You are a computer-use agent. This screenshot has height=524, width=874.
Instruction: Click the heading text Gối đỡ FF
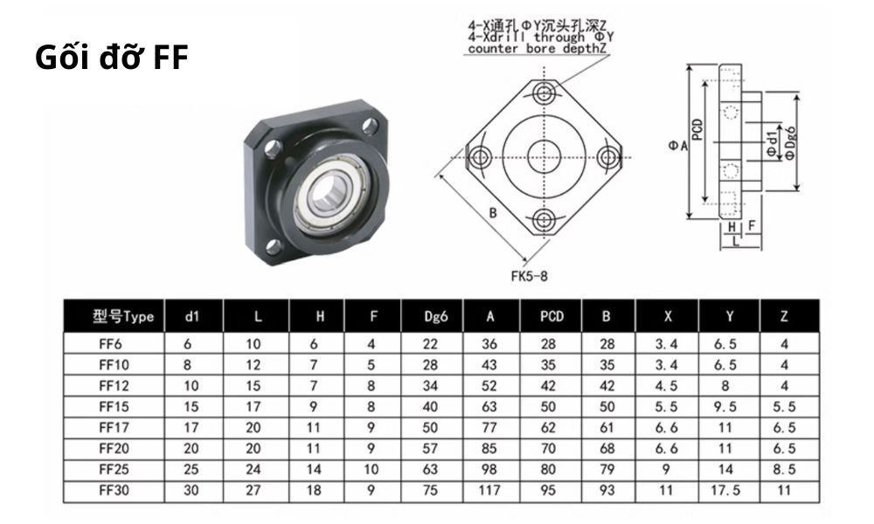tap(111, 58)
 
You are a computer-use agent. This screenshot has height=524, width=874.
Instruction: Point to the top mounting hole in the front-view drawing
tap(545, 93)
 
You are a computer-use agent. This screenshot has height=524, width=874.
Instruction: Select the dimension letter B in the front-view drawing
tap(493, 212)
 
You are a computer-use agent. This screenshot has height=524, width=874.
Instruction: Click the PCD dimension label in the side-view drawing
tap(697, 132)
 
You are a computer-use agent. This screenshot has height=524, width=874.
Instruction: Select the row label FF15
tap(114, 405)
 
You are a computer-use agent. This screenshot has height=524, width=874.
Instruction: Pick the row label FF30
tap(114, 490)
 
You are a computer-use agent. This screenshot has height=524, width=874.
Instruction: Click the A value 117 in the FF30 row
tap(490, 490)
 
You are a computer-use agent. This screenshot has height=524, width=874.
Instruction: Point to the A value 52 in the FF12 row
tap(490, 384)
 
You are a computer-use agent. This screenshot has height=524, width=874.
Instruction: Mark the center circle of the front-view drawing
tap(545, 155)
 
